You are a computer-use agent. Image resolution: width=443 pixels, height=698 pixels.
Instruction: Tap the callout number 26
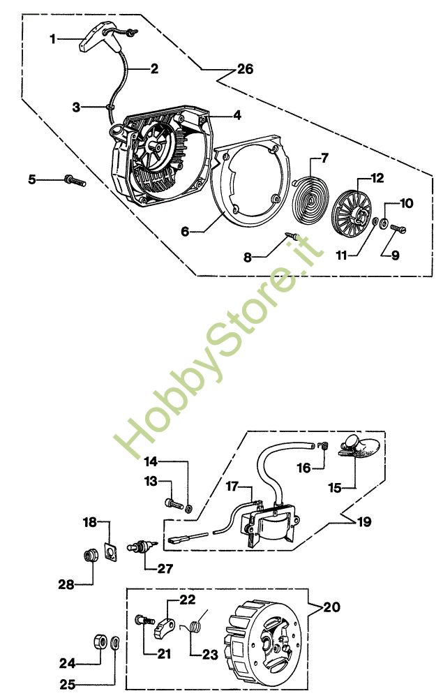click(244, 69)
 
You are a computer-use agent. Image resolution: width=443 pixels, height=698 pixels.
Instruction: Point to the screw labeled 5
click(73, 180)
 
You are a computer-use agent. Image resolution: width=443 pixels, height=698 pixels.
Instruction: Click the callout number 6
click(185, 230)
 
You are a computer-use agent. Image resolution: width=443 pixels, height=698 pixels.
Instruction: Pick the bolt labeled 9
click(398, 227)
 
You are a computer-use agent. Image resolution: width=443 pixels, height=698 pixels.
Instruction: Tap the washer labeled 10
click(386, 223)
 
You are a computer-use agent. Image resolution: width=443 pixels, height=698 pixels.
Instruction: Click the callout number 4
click(237, 115)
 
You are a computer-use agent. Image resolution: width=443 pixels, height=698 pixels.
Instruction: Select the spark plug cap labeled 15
click(360, 446)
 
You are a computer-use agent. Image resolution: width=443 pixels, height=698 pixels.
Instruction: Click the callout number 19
click(363, 521)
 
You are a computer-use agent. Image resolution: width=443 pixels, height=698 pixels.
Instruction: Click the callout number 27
click(165, 568)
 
